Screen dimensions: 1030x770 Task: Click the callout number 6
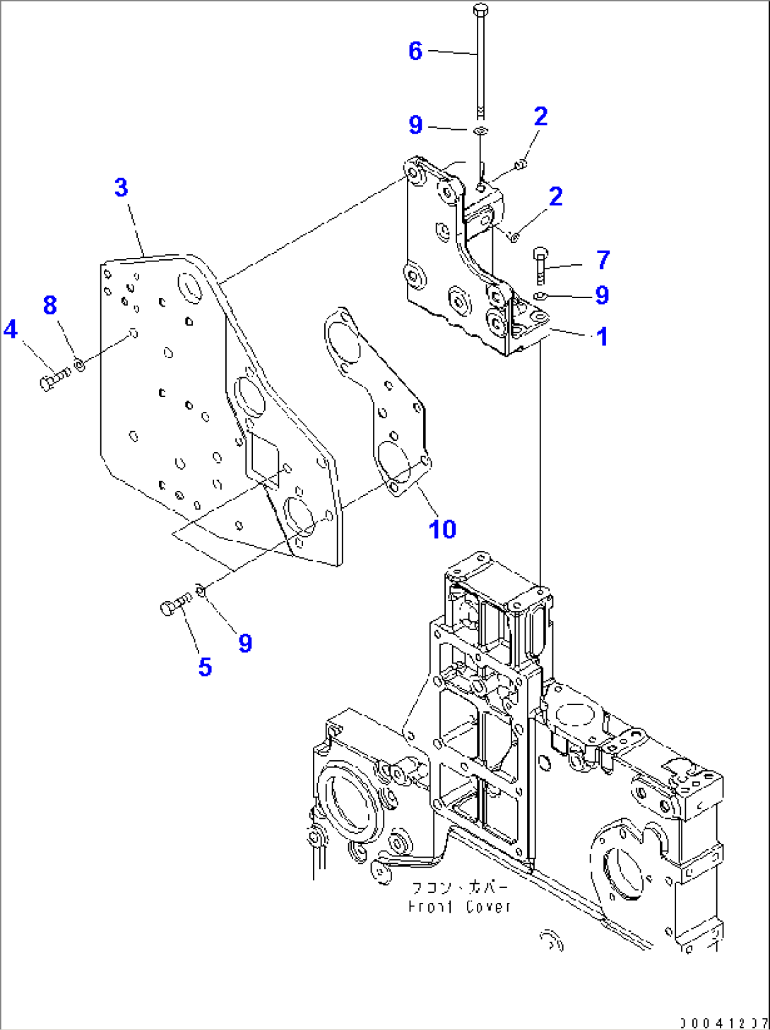click(x=415, y=51)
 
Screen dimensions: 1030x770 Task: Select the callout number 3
click(x=122, y=187)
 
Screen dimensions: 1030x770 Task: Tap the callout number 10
click(x=442, y=528)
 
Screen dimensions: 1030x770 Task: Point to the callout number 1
click(x=602, y=337)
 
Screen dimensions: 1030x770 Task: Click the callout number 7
click(x=603, y=260)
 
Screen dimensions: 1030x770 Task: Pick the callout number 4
click(x=11, y=329)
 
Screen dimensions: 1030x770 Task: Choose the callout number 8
click(x=49, y=305)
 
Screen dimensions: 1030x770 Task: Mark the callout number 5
click(x=205, y=666)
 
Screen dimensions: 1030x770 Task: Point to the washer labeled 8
click(x=80, y=365)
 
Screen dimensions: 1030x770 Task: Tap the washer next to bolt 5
click(x=201, y=589)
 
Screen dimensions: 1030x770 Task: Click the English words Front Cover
click(x=459, y=906)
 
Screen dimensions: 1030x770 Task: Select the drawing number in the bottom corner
click(x=723, y=1022)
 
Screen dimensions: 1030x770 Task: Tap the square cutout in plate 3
click(x=261, y=458)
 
